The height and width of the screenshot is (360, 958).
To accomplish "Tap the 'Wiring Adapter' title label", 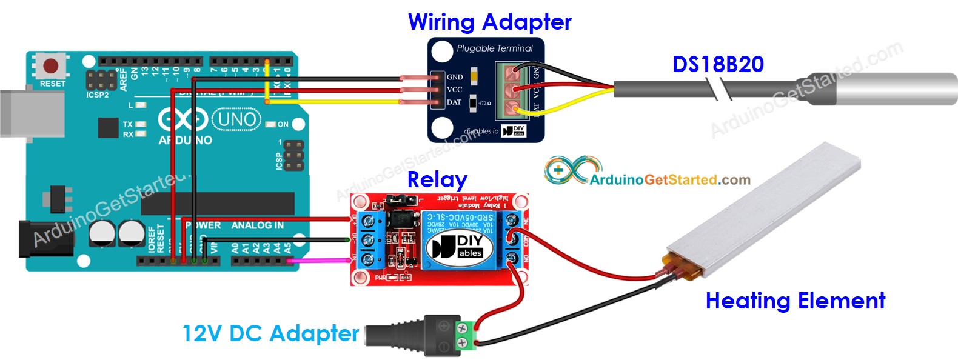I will (x=489, y=22).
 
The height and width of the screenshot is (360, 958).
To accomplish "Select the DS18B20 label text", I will (x=718, y=64).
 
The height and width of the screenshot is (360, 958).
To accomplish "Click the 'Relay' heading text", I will (x=437, y=179).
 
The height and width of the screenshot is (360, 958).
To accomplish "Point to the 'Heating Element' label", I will (x=795, y=301).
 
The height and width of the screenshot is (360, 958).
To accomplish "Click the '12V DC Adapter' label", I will (x=270, y=333).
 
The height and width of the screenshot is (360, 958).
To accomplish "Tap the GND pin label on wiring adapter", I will (x=455, y=77).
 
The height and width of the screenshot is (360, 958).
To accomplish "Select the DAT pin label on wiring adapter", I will (x=454, y=102).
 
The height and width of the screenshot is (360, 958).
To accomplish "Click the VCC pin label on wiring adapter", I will (x=455, y=90).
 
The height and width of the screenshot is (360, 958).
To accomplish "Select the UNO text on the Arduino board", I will (x=236, y=119).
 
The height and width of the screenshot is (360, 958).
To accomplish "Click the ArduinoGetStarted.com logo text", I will (x=669, y=179).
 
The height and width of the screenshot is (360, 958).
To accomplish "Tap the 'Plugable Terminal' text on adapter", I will (x=495, y=48).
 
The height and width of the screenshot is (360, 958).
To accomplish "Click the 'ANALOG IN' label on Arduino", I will (x=257, y=225).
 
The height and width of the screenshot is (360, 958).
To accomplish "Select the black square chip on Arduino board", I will (x=108, y=128).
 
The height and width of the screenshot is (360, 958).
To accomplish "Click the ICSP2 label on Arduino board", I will (x=97, y=95).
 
